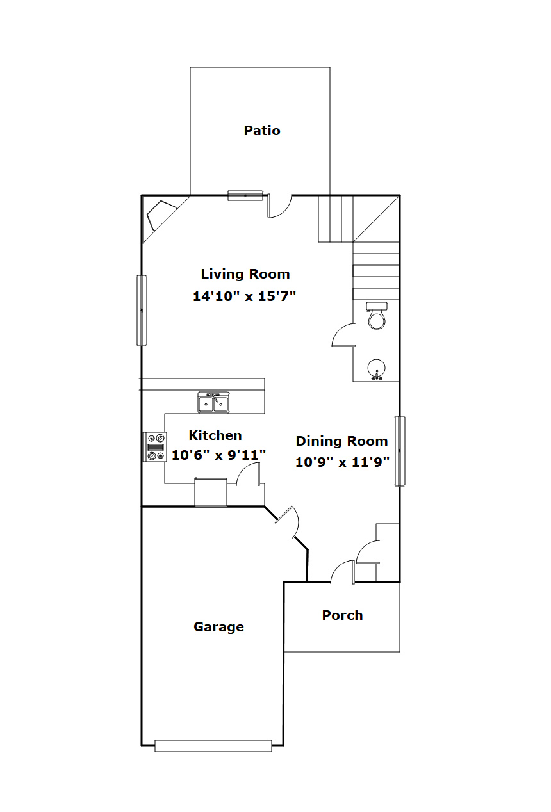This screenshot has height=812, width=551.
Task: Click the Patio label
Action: point(262,131)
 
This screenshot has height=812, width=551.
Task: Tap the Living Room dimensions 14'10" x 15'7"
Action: point(244,296)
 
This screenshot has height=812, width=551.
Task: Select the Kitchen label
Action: point(215,435)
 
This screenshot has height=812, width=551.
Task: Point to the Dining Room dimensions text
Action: point(342,462)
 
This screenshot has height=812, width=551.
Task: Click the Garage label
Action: point(218,627)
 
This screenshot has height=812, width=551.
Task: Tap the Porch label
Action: point(342,615)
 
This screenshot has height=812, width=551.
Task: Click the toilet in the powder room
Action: point(377,315)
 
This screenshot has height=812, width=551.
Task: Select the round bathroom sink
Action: point(377,369)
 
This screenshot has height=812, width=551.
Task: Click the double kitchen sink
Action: point(213,403)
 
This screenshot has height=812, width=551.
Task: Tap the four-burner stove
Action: point(155,447)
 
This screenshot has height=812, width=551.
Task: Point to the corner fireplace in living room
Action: point(161,216)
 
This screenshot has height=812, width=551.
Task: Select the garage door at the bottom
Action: point(213,745)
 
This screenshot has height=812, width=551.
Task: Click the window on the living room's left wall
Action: point(142,310)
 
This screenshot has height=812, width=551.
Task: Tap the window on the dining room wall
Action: point(400,451)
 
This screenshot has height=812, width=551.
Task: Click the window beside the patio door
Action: point(245,195)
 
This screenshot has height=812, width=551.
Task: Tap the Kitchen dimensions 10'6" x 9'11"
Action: point(218,455)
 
